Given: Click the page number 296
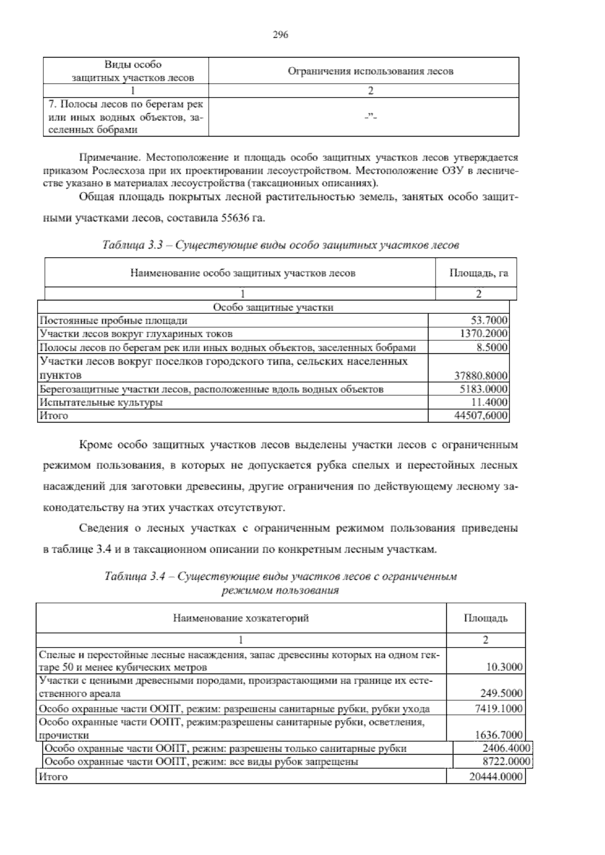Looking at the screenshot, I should (280, 35).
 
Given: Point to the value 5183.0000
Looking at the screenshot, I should (483, 389).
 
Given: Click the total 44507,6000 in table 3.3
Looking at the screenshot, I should (481, 416).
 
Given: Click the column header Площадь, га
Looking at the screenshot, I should (478, 273).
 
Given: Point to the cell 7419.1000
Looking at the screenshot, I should (499, 709).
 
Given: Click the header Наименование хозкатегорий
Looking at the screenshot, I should (241, 618).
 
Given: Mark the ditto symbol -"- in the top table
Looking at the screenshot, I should (371, 117).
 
